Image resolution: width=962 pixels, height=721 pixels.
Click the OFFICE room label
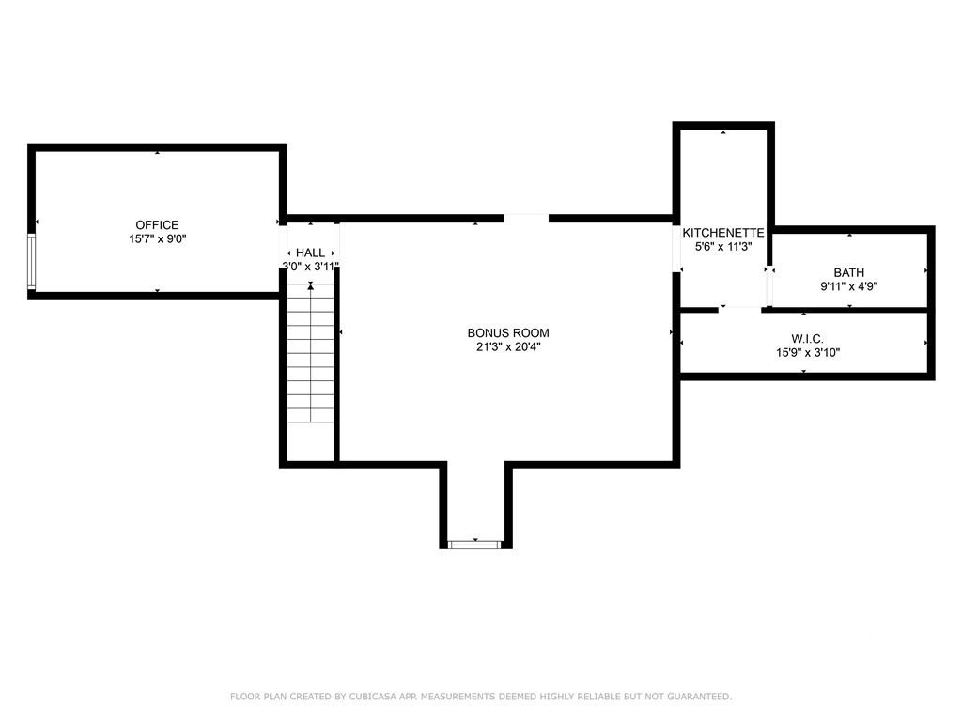pos(157,225)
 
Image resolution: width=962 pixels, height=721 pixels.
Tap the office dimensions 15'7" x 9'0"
pos(157,239)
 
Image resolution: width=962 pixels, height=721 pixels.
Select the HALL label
pos(310,253)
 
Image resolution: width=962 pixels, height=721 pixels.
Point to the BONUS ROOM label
pos(508,333)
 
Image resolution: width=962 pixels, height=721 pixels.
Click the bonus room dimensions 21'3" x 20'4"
pos(508,347)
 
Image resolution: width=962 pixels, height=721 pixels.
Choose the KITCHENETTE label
pos(723,233)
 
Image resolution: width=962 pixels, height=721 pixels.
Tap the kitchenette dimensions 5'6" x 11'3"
pos(723,247)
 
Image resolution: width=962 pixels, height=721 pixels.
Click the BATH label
pos(849,272)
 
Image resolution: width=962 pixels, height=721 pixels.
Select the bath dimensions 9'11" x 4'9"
pos(849,286)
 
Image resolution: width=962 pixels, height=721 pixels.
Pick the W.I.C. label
pos(807,338)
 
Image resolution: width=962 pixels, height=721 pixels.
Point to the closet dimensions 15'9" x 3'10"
pos(807,353)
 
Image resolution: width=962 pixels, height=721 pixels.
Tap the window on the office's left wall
pos(31,261)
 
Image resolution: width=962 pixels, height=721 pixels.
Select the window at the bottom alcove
pos(475,545)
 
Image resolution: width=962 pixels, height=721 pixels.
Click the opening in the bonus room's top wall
pos(526,218)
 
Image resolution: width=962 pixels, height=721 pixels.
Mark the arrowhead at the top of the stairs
pos(311,285)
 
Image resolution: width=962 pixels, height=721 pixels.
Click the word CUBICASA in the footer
pos(370,697)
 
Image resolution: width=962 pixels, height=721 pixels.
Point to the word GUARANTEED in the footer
pos(700,697)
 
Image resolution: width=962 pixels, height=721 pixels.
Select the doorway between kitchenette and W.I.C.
pos(740,310)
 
